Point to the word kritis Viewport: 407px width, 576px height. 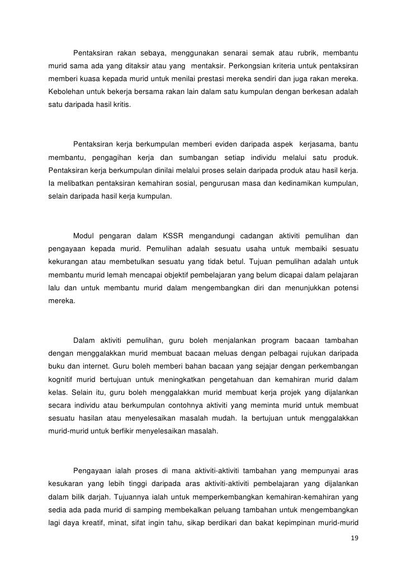[121, 103]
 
